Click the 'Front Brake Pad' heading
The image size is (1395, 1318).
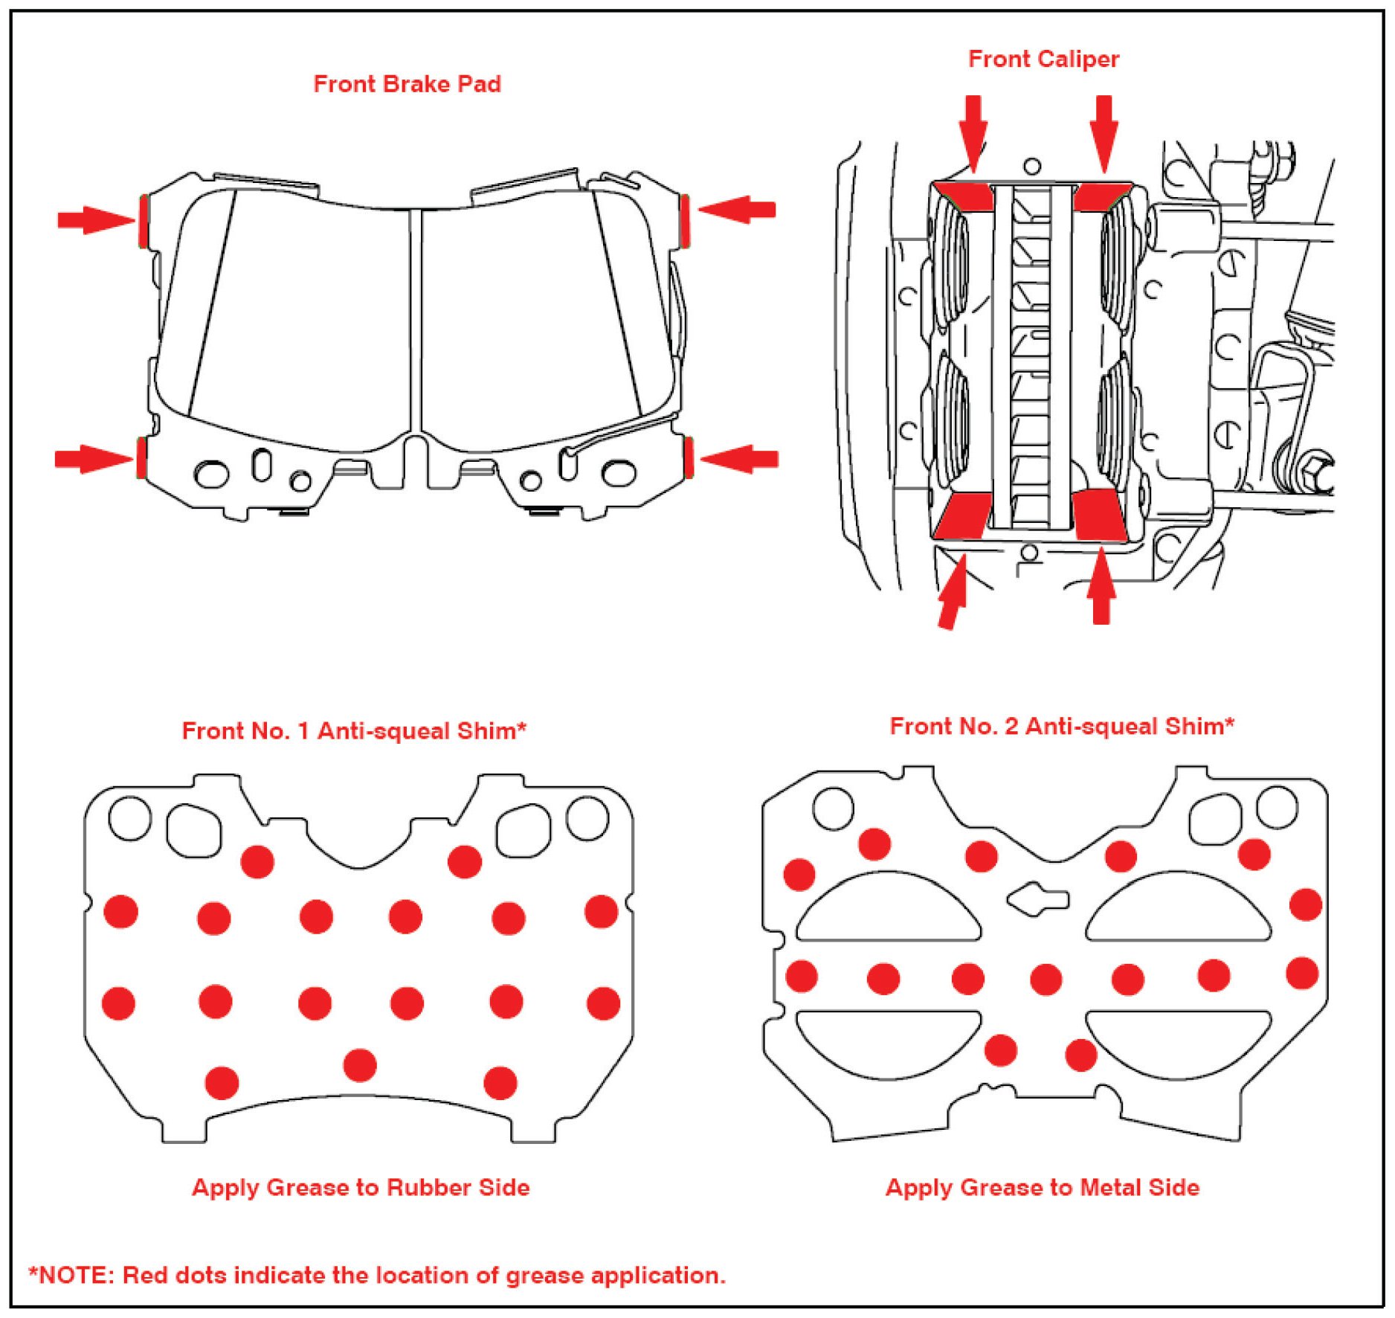coord(407,84)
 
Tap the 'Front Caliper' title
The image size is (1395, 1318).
coord(1043,59)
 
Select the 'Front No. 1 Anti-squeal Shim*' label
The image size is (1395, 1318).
coord(354,730)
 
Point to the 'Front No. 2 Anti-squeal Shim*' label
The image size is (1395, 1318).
coord(1061,726)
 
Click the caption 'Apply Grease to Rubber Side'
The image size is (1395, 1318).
coord(361,1187)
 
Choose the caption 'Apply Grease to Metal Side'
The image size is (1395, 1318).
coord(1042,1187)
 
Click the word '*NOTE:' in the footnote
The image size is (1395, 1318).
coord(71,1275)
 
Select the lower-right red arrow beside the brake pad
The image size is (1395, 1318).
coord(740,459)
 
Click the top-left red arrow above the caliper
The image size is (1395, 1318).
coord(973,130)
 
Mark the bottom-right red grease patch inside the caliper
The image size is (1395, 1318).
coord(1098,515)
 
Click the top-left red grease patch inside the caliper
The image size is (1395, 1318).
coord(965,196)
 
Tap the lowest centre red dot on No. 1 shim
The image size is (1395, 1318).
coord(360,1065)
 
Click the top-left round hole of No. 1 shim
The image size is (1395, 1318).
coord(129,818)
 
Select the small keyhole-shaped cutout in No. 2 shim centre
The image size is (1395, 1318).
coord(1038,899)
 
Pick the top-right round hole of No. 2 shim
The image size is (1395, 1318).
coord(1277,807)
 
